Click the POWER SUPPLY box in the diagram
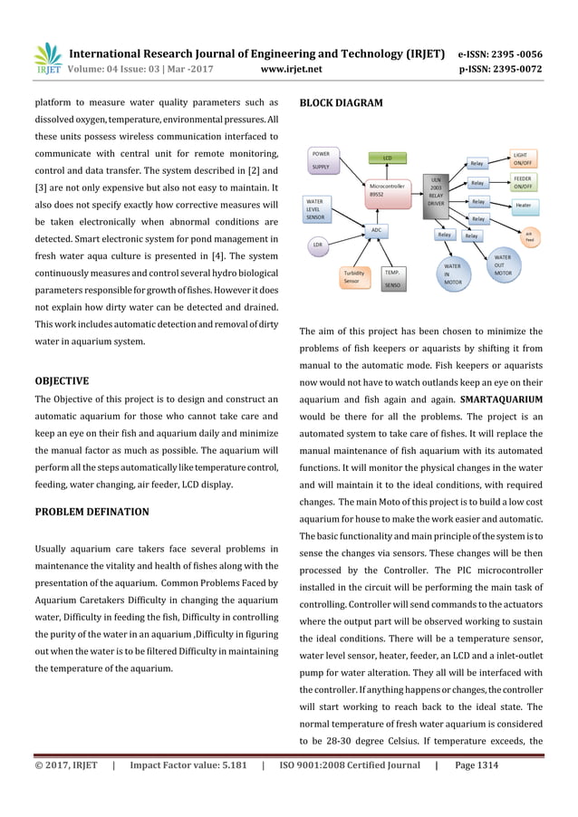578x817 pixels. click(x=324, y=160)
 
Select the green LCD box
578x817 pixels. click(x=387, y=158)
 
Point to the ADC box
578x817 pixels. click(x=376, y=230)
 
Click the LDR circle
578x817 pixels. click(x=317, y=245)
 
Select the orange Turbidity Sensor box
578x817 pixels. click(x=352, y=276)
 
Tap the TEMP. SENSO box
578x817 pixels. click(x=392, y=277)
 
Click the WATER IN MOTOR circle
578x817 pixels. click(x=452, y=274)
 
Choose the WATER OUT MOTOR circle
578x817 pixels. click(x=503, y=265)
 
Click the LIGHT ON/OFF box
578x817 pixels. click(x=523, y=159)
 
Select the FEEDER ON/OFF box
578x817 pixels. click(x=523, y=182)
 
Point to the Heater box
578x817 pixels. click(x=523, y=206)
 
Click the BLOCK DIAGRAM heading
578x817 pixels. click(x=341, y=103)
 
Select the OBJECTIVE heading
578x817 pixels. click(x=61, y=380)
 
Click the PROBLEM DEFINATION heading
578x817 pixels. click(x=91, y=512)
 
